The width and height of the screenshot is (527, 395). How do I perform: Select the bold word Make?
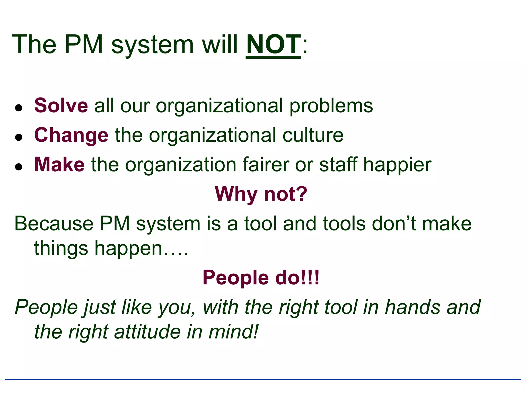[59, 165]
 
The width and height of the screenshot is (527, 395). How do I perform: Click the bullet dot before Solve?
[19, 108]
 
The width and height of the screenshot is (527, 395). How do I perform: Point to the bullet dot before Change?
[19, 137]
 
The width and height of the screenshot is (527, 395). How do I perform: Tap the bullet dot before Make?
[19, 167]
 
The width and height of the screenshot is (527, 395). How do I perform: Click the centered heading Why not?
[261, 194]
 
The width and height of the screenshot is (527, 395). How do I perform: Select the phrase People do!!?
[261, 278]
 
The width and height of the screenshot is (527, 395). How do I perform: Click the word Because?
[54, 223]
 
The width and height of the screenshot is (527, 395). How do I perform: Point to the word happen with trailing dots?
[141, 248]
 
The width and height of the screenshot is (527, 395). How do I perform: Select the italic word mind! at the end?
[233, 332]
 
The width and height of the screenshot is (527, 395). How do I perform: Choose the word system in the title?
[152, 45]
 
